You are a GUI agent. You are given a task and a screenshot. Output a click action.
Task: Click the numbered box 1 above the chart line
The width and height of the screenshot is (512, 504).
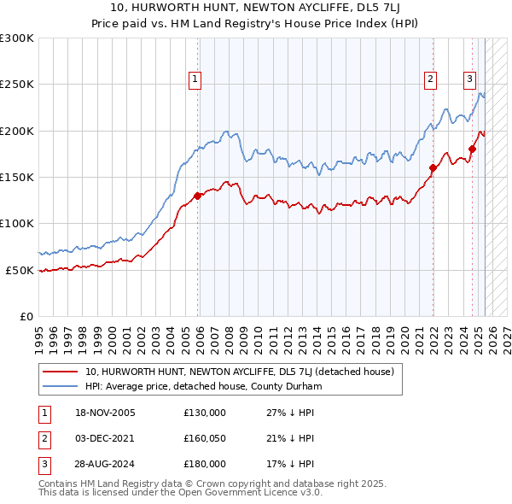pyautogui.click(x=195, y=79)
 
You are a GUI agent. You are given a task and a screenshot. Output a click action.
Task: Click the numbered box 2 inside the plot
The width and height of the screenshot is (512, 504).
pyautogui.click(x=430, y=79)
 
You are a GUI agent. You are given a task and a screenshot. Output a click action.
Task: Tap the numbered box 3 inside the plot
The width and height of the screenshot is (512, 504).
pyautogui.click(x=469, y=79)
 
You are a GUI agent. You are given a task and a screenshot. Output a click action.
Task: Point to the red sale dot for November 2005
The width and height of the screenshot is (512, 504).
pyautogui.click(x=198, y=196)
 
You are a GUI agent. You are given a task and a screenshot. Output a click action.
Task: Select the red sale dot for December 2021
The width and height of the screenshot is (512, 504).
pyautogui.click(x=433, y=167)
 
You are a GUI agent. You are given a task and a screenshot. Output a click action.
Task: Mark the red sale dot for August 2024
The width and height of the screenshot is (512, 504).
pyautogui.click(x=472, y=149)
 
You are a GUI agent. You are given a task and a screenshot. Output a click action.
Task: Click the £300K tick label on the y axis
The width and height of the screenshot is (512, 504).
pyautogui.click(x=17, y=38)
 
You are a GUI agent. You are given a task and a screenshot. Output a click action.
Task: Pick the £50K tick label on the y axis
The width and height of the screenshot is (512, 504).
pyautogui.click(x=20, y=270)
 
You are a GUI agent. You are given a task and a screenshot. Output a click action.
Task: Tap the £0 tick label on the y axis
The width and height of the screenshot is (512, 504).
pyautogui.click(x=26, y=316)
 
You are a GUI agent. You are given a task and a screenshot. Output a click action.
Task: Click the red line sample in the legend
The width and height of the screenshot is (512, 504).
pyautogui.click(x=60, y=372)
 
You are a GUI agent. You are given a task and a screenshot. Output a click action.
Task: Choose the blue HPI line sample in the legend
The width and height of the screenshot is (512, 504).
pyautogui.click(x=60, y=387)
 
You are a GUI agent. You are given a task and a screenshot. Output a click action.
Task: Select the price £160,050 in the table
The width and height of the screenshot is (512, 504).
pyautogui.click(x=205, y=438)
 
